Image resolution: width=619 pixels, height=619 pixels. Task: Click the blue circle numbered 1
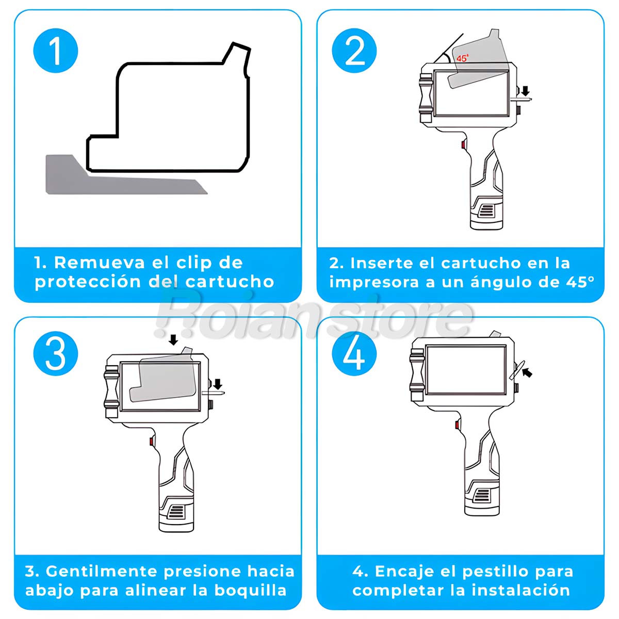[x=56, y=51]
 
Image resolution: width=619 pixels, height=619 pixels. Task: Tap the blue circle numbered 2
[x=354, y=51]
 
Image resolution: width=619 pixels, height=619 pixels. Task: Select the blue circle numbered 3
[x=56, y=354]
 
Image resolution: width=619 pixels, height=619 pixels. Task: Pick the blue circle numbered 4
[x=354, y=354]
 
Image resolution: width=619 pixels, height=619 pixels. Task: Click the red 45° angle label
[x=463, y=58]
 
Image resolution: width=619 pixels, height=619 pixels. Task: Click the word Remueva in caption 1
[x=100, y=263]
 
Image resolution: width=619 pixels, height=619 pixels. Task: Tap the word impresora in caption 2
[x=374, y=283]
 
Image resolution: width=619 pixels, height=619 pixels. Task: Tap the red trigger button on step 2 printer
[x=464, y=144]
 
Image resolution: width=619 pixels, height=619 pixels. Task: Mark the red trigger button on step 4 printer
[x=457, y=425]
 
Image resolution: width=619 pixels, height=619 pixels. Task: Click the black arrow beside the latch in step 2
[x=525, y=91]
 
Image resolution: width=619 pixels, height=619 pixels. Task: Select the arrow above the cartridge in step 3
[x=173, y=340]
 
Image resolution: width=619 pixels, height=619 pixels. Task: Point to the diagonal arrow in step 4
[x=527, y=372]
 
